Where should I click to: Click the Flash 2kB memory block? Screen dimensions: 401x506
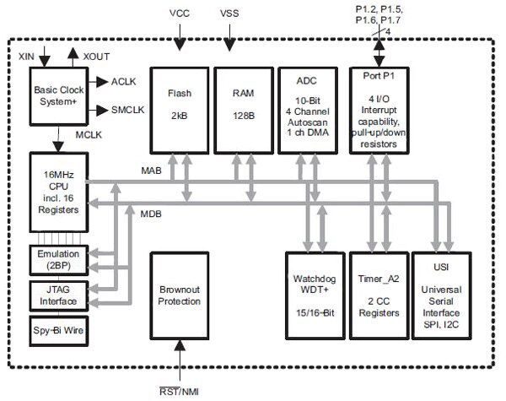pyautogui.click(x=178, y=105)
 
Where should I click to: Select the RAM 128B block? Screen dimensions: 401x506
pyautogui.click(x=244, y=105)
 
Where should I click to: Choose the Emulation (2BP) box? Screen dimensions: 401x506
pyautogui.click(x=57, y=257)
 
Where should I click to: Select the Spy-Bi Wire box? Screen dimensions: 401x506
pyautogui.click(x=57, y=328)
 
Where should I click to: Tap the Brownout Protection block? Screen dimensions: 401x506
pyautogui.click(x=179, y=295)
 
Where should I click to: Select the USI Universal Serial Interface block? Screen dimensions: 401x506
pyautogui.click(x=445, y=295)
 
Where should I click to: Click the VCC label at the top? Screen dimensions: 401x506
pyautogui.click(x=180, y=14)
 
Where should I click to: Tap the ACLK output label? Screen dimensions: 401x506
pyautogui.click(x=124, y=81)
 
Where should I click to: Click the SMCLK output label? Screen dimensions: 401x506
pyautogui.click(x=128, y=111)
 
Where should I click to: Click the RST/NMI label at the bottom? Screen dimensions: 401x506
pyautogui.click(x=179, y=391)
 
